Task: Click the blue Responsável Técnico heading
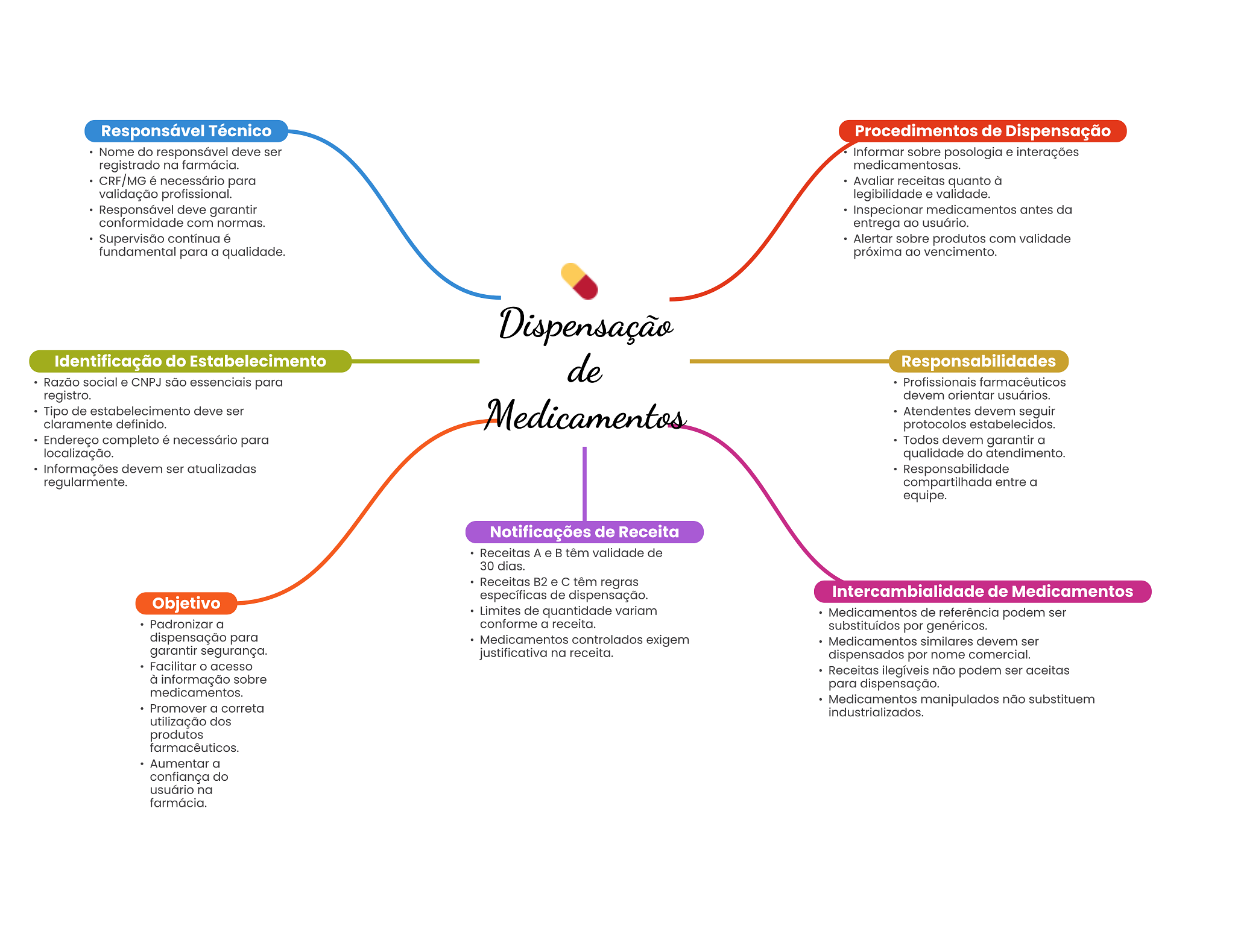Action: [186, 131]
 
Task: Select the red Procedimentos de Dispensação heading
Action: [982, 131]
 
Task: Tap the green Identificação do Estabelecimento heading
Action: [190, 361]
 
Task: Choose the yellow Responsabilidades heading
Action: [978, 361]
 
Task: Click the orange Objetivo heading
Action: [186, 603]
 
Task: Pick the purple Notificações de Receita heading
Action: [584, 532]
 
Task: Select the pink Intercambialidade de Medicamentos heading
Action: [982, 591]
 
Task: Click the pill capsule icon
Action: [579, 281]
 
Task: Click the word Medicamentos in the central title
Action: [585, 416]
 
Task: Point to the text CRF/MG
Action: [122, 181]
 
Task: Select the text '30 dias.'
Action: [502, 566]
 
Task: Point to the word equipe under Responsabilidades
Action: [924, 496]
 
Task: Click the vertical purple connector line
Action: [584, 482]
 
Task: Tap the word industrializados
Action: [876, 713]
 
